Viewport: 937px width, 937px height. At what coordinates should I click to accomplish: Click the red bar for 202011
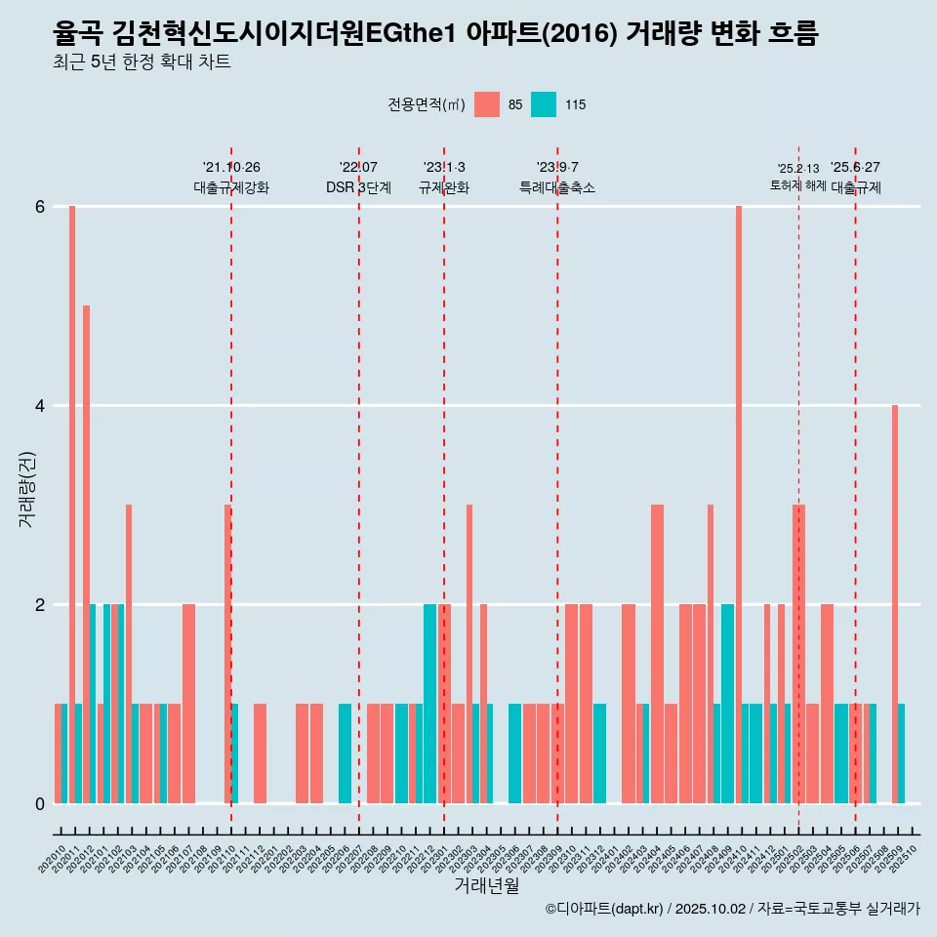click(x=72, y=505)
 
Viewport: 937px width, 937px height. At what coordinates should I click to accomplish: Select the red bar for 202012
click(x=86, y=554)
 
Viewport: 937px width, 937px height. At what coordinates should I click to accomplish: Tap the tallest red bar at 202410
click(x=739, y=505)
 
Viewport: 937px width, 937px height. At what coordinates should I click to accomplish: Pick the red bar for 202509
click(x=895, y=604)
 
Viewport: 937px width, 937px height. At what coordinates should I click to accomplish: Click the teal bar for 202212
click(x=430, y=704)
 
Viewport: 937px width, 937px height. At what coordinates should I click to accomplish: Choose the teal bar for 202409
click(x=727, y=704)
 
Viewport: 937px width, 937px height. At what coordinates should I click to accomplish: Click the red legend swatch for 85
click(x=487, y=104)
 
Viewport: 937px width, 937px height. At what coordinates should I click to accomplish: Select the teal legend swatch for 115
click(x=544, y=104)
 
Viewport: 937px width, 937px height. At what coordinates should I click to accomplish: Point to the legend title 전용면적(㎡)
click(x=427, y=104)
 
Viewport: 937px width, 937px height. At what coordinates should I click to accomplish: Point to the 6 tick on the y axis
click(x=41, y=207)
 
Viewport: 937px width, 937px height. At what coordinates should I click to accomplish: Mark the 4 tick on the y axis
click(x=41, y=406)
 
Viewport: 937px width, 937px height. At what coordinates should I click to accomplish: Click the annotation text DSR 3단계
click(x=359, y=187)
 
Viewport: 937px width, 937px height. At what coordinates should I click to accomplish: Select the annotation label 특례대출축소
click(x=557, y=187)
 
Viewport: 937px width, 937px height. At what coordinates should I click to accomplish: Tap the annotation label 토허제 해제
click(x=798, y=185)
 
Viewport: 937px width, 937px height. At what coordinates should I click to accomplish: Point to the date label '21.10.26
click(x=231, y=168)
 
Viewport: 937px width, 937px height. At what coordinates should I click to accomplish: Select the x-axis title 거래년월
click(x=486, y=885)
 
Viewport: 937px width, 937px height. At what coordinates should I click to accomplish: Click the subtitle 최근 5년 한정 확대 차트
click(x=143, y=62)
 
